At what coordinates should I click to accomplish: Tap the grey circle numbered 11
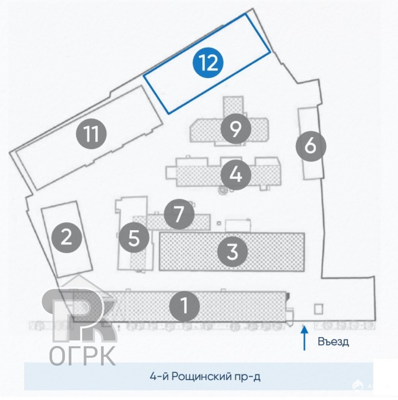[x=91, y=134]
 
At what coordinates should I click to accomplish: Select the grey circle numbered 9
[x=236, y=129]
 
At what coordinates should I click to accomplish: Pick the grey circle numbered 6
[x=311, y=146]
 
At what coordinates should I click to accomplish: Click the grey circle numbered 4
[x=236, y=175]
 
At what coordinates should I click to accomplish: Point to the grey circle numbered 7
[x=179, y=214]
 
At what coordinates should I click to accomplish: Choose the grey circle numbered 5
[x=134, y=237]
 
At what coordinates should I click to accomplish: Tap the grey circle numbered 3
[x=233, y=251]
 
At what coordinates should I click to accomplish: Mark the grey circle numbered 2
[x=67, y=237]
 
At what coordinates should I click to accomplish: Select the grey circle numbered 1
[x=185, y=306]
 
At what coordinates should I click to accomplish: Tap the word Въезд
[x=333, y=342]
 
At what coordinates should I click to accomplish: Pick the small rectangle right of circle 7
[x=238, y=225]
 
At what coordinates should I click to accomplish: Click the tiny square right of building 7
[x=219, y=223]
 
